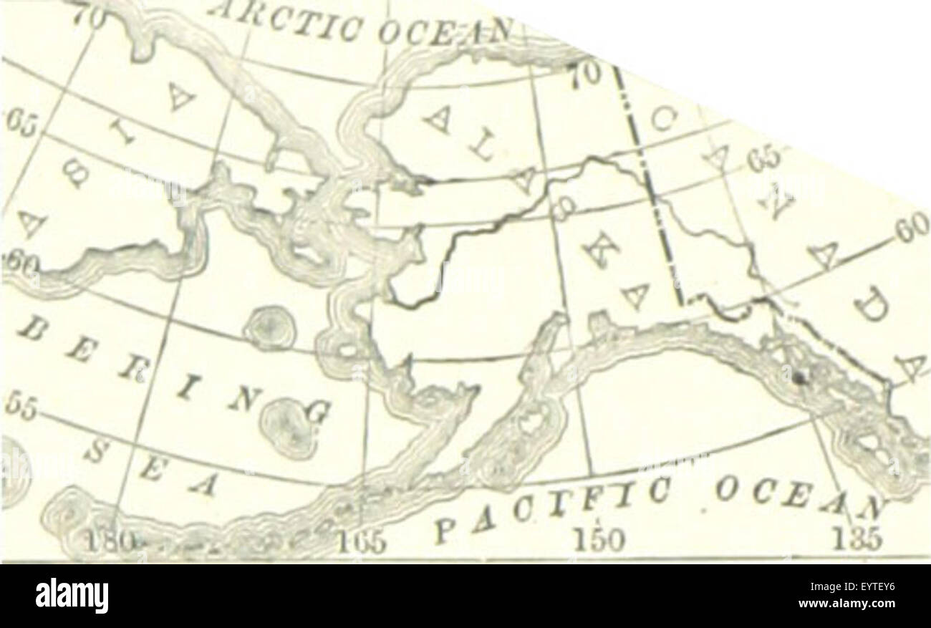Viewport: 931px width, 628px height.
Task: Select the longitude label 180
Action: pos(107,539)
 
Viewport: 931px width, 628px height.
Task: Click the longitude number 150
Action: pos(598,539)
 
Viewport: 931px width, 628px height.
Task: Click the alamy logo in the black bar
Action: pos(72,596)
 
